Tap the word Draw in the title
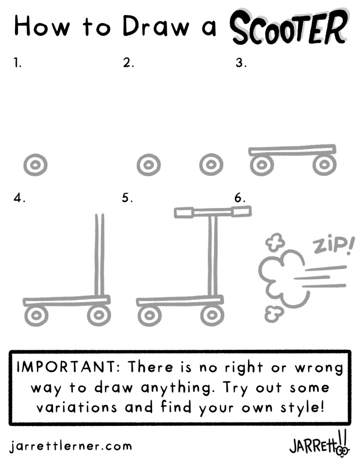(156, 26)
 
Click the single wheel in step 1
(35, 165)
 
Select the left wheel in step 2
(148, 165)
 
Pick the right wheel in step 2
(211, 164)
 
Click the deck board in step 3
(293, 150)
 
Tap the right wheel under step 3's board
(325, 164)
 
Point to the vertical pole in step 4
(100, 255)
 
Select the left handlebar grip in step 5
(184, 213)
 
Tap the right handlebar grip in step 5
(241, 211)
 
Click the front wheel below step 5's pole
(212, 315)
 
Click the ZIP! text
(333, 245)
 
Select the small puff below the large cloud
(274, 314)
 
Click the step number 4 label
(19, 198)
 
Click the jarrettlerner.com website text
(71, 446)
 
